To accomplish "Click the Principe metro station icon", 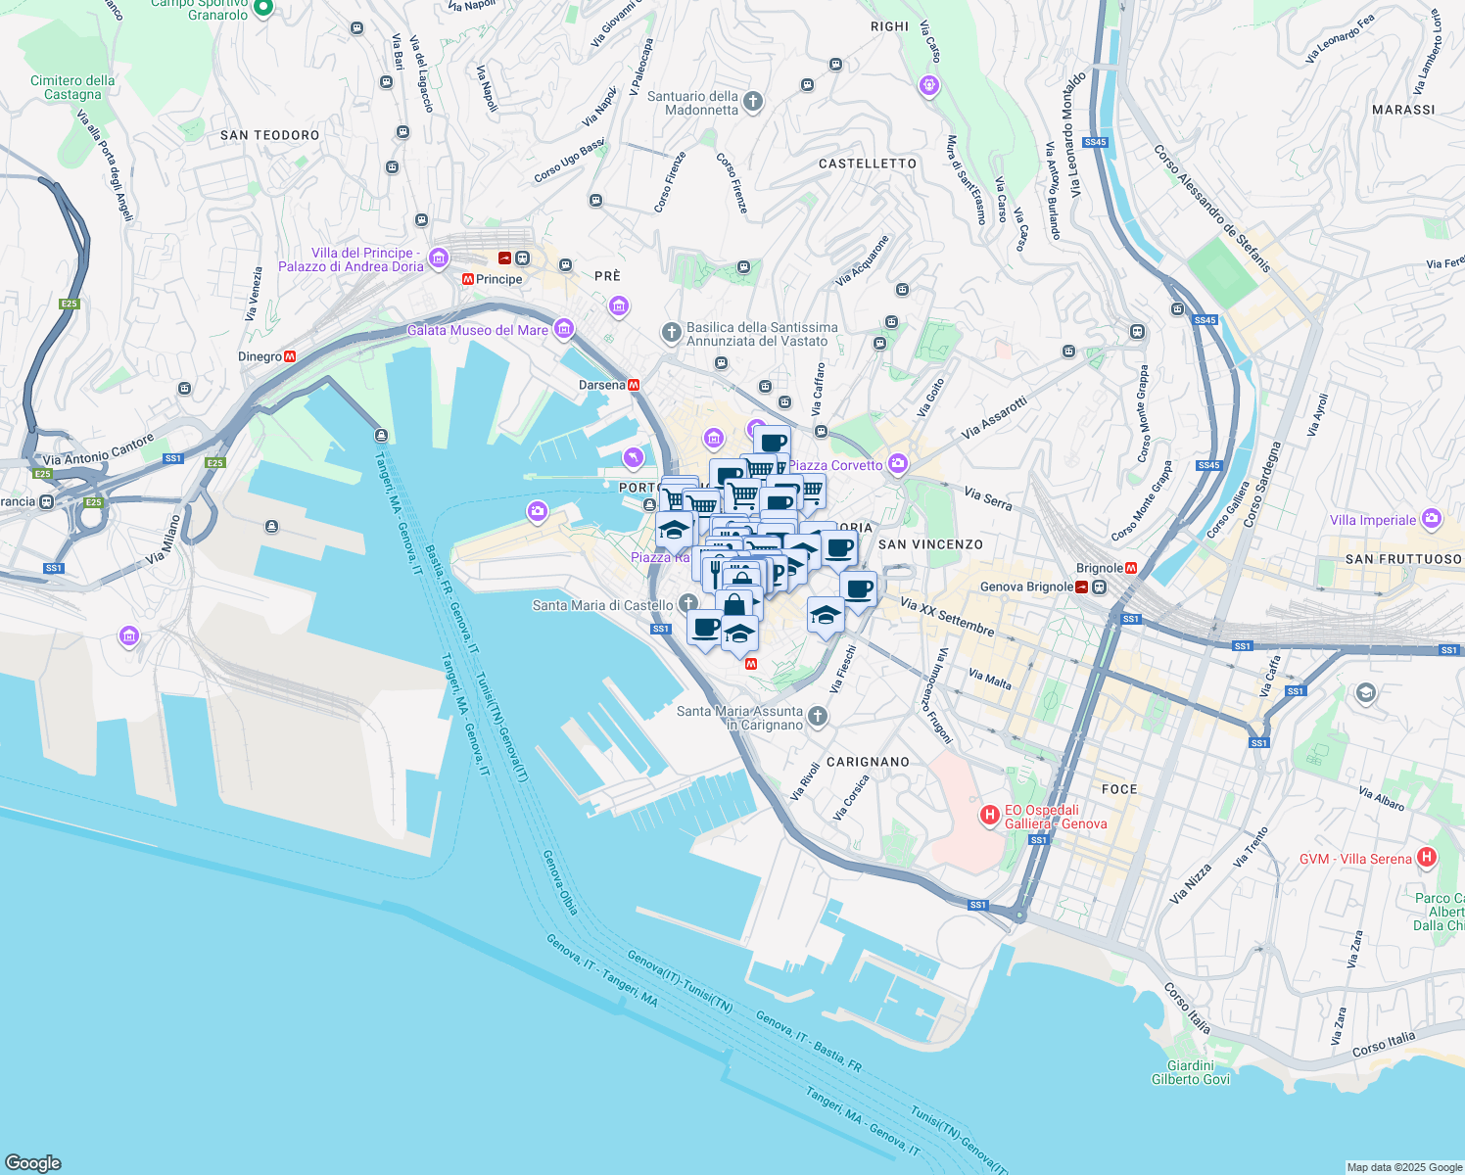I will (468, 279).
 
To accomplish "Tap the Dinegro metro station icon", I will (290, 356).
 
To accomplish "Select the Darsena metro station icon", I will (635, 385).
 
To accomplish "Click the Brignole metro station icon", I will (1131, 568).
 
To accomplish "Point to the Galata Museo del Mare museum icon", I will (563, 329).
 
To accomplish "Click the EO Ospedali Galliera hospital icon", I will (990, 814).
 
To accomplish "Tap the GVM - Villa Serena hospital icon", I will (1427, 858).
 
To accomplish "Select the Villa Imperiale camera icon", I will (1432, 518).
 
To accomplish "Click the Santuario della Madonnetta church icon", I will (753, 101).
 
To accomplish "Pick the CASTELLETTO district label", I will (868, 164).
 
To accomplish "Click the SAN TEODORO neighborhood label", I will (270, 135).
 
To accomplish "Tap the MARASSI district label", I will (1403, 110).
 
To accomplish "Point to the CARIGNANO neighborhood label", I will (868, 762).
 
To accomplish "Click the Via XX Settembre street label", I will (947, 617).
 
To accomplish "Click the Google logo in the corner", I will (32, 1162).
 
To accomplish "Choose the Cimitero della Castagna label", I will (72, 87).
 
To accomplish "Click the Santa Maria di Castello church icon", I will (688, 602).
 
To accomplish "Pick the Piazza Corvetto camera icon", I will (898, 464).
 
